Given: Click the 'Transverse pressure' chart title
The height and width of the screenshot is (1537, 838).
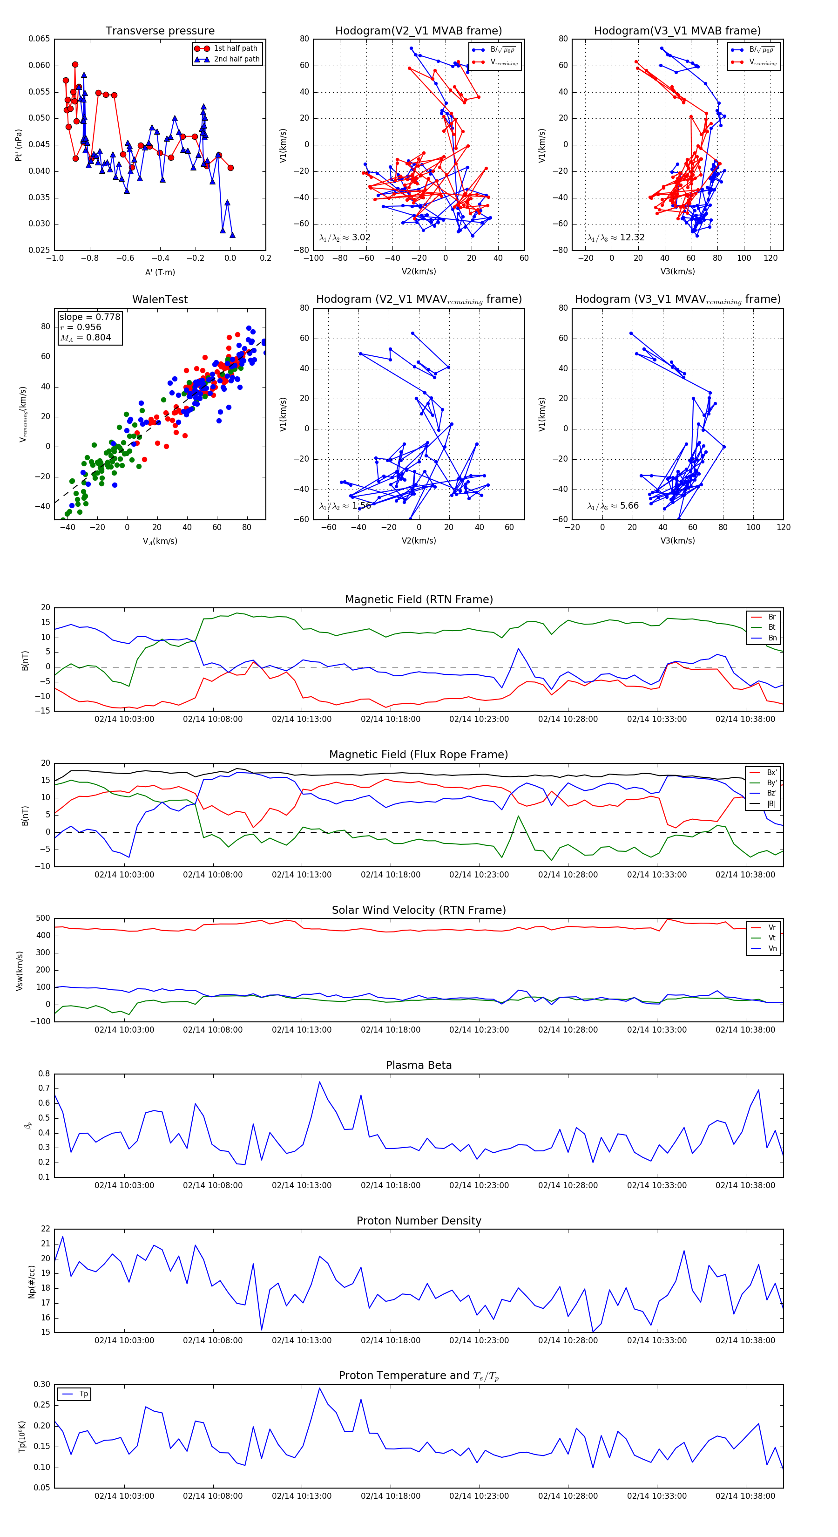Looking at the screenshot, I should (x=160, y=31).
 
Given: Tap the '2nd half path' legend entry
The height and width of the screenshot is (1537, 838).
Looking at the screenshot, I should (x=236, y=59).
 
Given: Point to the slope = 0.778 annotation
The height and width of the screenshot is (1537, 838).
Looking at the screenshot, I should (x=89, y=317).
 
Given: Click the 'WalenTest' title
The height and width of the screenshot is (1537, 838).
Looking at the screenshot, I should (x=160, y=299).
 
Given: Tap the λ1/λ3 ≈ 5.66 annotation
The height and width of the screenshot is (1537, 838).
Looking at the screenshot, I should (x=613, y=506).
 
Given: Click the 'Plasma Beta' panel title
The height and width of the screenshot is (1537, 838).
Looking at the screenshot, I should (x=419, y=1066).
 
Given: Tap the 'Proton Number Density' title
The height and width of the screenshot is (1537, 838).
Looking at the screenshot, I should (x=419, y=1221).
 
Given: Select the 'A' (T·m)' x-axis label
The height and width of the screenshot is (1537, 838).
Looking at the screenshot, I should (x=160, y=272).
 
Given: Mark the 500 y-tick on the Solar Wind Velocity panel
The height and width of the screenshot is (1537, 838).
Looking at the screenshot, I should (x=43, y=918).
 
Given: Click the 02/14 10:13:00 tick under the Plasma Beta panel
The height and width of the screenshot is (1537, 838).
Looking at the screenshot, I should (x=301, y=1185).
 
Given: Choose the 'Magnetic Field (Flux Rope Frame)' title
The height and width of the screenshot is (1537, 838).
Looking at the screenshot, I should (x=419, y=755).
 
